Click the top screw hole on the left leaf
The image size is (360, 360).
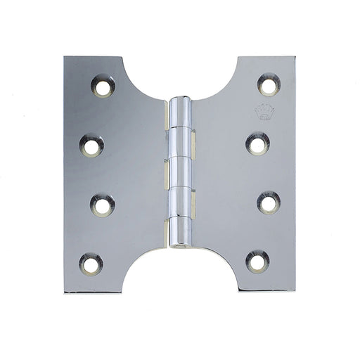tap(101, 87)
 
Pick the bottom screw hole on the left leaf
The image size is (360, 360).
tap(91, 264)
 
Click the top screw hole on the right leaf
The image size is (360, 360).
tap(268, 85)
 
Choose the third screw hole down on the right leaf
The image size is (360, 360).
tap(269, 203)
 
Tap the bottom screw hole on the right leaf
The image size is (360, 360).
tap(257, 262)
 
